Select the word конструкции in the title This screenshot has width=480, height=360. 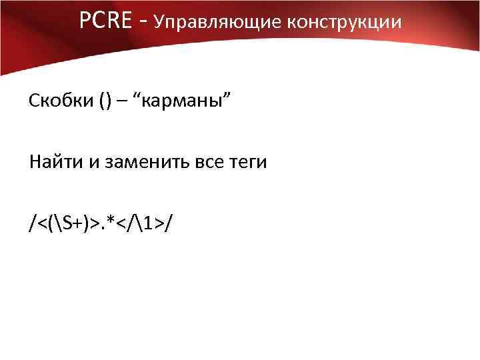tap(345, 22)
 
